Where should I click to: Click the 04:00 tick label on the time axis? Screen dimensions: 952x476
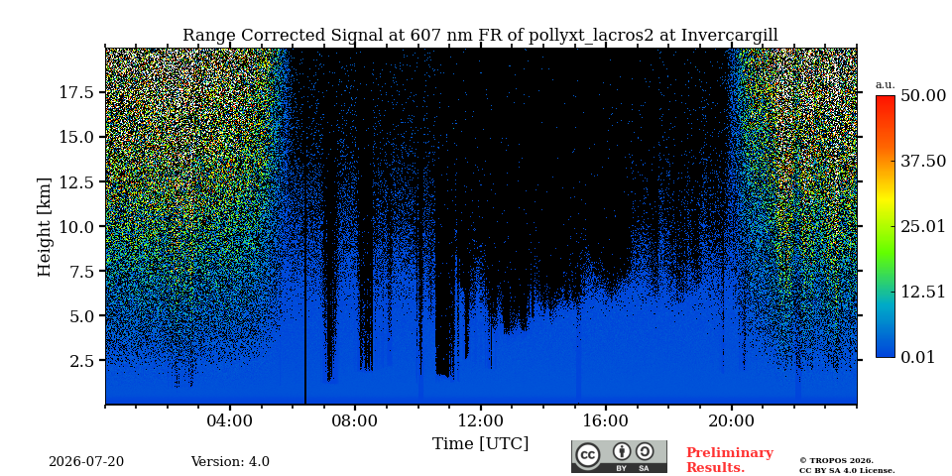click(x=230, y=420)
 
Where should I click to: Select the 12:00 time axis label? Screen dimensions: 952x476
click(x=481, y=420)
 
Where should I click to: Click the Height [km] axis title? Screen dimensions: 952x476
click(x=45, y=227)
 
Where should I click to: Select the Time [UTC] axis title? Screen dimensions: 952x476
click(x=480, y=444)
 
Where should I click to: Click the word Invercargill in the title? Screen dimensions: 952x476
click(x=729, y=36)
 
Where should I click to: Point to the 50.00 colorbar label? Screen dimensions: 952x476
click(x=923, y=95)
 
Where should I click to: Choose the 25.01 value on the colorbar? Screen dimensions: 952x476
click(x=923, y=226)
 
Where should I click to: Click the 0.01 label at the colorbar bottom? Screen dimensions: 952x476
click(x=917, y=357)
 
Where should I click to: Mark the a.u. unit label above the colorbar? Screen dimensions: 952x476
click(x=886, y=85)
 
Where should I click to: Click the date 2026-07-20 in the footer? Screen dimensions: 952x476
click(x=86, y=462)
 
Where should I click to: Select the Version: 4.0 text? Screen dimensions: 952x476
click(x=230, y=462)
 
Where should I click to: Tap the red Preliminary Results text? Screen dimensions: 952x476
click(x=730, y=460)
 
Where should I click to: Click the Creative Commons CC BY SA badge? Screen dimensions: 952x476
click(x=619, y=456)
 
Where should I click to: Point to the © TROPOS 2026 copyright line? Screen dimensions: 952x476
click(x=836, y=461)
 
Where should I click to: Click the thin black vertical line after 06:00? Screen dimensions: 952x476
click(x=304, y=226)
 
